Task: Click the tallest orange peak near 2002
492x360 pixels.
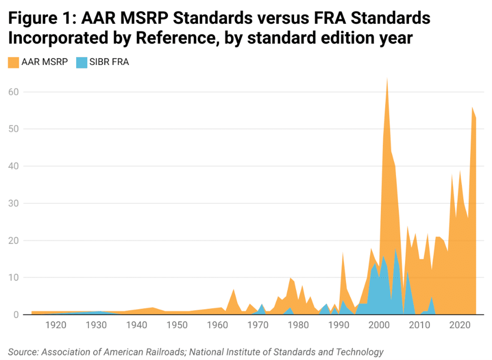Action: pyautogui.click(x=387, y=79)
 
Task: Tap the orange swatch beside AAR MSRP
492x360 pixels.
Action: pyautogui.click(x=13, y=62)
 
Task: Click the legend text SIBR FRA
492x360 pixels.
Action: pyautogui.click(x=109, y=62)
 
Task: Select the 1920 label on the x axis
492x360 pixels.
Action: pyautogui.click(x=56, y=324)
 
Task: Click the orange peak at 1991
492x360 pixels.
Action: pyautogui.click(x=343, y=253)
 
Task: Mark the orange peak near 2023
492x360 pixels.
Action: pyautogui.click(x=472, y=107)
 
